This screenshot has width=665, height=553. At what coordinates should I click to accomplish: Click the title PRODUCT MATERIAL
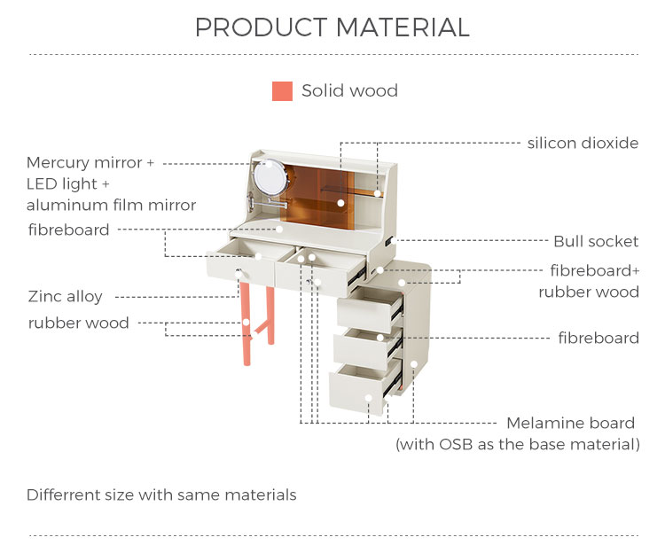(332, 27)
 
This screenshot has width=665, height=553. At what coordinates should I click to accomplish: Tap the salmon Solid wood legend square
(282, 91)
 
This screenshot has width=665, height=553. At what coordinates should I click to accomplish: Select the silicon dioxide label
(583, 144)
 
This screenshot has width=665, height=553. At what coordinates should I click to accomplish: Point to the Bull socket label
(596, 242)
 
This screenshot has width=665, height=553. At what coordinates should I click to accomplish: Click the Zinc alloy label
(66, 297)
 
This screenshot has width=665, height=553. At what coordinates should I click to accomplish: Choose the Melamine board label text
(570, 423)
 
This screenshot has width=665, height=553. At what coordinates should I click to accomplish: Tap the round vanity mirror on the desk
(270, 177)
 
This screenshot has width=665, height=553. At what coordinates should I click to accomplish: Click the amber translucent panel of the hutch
(317, 195)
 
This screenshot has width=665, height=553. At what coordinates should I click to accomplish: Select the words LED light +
(68, 184)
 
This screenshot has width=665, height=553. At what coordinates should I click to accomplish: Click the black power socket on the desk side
(389, 243)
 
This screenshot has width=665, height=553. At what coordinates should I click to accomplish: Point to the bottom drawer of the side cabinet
(365, 387)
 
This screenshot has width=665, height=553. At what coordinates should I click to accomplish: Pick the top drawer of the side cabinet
(370, 309)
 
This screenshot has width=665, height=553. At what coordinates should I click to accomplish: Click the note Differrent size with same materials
(161, 495)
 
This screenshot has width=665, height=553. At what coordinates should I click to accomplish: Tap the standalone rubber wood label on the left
(78, 323)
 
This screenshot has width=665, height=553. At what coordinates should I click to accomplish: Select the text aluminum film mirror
(111, 205)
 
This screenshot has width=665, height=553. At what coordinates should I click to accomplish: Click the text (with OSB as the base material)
(518, 444)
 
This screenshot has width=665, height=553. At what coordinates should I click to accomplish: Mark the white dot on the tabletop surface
(279, 230)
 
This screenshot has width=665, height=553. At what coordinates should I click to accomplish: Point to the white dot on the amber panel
(340, 203)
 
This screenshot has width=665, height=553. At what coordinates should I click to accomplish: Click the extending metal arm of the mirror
(268, 203)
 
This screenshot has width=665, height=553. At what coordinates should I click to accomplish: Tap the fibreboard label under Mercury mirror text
(68, 230)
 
